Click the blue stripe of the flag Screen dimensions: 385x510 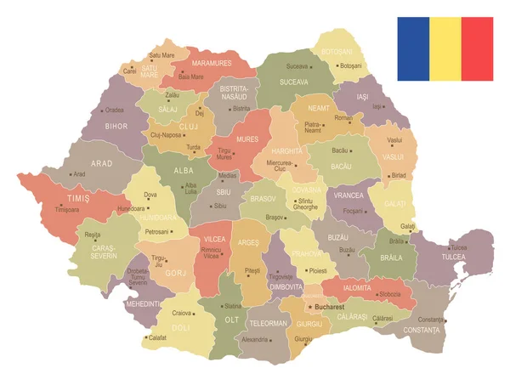(413, 48)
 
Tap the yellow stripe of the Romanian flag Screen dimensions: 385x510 (445, 48)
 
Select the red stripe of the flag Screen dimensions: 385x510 (477, 48)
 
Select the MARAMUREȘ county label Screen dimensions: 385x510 (212, 63)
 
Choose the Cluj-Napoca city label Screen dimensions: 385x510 (167, 134)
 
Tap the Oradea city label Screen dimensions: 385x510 (114, 110)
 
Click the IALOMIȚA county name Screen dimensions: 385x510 (357, 288)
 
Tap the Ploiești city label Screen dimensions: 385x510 (318, 269)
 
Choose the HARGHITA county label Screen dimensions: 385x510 (287, 150)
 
